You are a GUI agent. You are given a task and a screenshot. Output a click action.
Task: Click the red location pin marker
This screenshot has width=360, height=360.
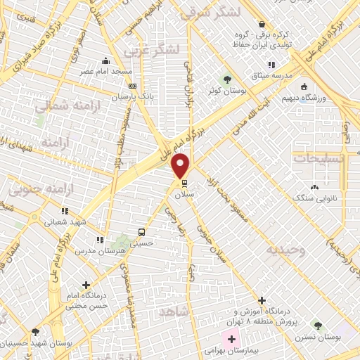click(x=181, y=165)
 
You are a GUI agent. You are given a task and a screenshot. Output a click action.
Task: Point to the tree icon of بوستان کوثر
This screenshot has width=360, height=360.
click(x=226, y=79)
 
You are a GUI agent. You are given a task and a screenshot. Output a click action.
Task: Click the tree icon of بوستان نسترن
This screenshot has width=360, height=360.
click(x=318, y=326)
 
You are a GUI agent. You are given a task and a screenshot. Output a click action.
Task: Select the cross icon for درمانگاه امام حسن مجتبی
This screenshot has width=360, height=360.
click(x=86, y=285)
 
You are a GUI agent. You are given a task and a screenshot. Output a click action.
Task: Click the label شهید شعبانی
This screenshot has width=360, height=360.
click(x=64, y=220)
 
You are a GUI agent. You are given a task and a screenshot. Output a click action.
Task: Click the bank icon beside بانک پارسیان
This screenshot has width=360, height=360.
click(x=131, y=86)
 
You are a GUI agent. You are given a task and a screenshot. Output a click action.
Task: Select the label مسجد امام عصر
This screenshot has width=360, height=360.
click(x=101, y=71)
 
